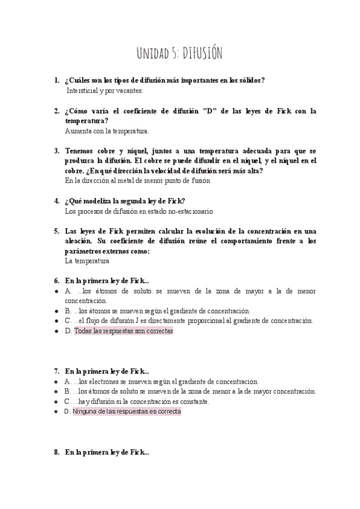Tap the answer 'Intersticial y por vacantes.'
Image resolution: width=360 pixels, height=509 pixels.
tap(105, 91)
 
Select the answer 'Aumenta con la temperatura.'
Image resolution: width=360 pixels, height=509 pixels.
tap(107, 130)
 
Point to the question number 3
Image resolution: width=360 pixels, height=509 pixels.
tap(56, 151)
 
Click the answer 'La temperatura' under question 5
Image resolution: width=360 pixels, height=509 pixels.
tap(86, 261)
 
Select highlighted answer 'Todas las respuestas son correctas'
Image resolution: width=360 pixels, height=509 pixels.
tap(123, 331)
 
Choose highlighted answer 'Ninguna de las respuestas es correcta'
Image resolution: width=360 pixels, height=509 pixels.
tap(126, 412)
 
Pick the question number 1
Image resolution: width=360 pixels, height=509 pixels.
tap(56, 80)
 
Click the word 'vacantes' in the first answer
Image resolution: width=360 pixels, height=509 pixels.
tap(130, 91)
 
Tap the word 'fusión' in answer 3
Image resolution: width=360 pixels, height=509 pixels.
tap(199, 180)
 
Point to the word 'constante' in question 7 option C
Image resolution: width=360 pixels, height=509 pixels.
tap(192, 402)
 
